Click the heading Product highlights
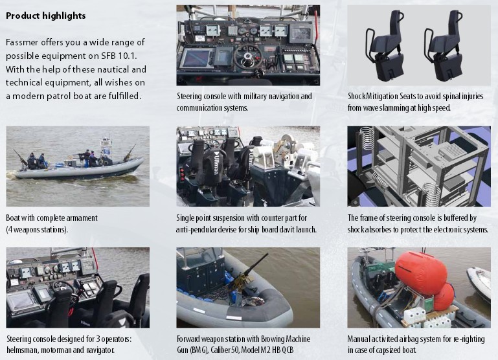coord(46,16)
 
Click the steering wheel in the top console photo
coord(248,56)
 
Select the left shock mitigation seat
coord(385,45)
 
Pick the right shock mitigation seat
coord(443,45)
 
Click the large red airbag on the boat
coord(420,272)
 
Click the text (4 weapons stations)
coord(37,229)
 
